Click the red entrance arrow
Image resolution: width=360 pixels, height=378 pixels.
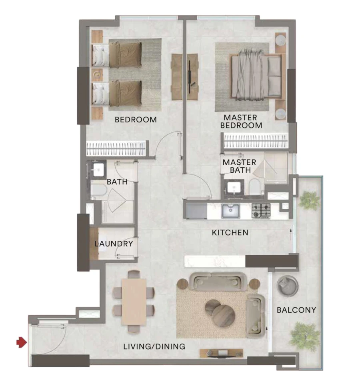tap(21, 342)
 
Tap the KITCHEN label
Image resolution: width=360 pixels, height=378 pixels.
tap(230, 232)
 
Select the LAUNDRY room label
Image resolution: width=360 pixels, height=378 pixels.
tap(114, 244)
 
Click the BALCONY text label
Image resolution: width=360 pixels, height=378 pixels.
tap(296, 310)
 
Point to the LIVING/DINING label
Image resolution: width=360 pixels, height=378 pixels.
tap(154, 346)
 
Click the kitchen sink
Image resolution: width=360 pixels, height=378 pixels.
tap(230, 210)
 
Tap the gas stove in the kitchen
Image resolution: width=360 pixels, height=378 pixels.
tap(262, 211)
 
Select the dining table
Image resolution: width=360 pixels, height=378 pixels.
tap(134, 301)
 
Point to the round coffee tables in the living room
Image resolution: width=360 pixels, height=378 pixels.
tap(220, 312)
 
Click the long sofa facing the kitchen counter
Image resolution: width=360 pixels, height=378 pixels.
tap(218, 282)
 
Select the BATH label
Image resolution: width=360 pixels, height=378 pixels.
tap(117, 182)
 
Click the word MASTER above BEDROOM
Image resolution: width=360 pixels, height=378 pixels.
tap(240, 118)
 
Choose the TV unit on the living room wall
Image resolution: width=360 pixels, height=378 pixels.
tap(221, 353)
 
